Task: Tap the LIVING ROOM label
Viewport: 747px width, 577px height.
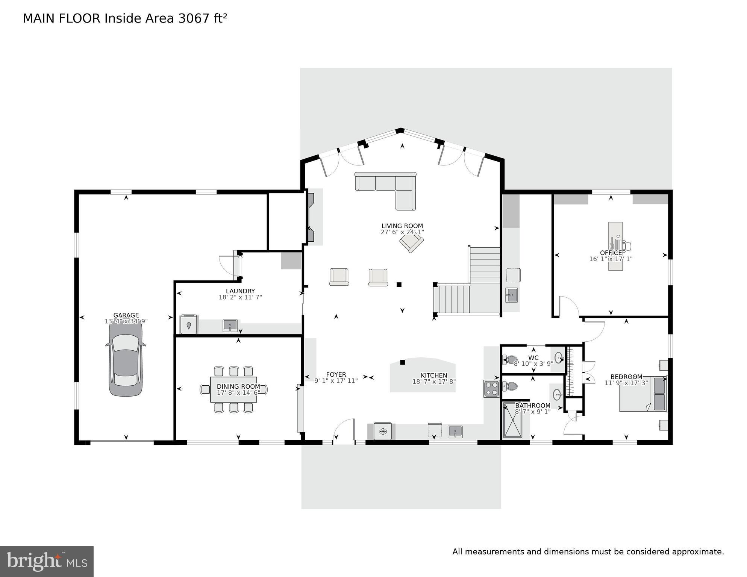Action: (x=402, y=226)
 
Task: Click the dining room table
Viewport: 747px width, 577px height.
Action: (x=233, y=390)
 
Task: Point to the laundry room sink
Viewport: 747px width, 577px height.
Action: (x=230, y=325)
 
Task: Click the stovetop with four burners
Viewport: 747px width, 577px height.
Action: (x=491, y=389)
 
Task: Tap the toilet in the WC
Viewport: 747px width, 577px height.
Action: (x=511, y=360)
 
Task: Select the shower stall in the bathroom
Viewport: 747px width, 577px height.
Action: (x=513, y=420)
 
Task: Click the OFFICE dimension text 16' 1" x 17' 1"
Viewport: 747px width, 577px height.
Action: (x=611, y=259)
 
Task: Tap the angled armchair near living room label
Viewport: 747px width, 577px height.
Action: (x=411, y=243)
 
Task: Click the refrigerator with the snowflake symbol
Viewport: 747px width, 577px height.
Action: (x=383, y=431)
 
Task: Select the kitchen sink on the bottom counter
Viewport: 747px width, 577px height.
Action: (x=455, y=432)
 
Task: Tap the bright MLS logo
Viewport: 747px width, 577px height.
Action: (x=47, y=561)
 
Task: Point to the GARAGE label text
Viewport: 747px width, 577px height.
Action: (x=126, y=315)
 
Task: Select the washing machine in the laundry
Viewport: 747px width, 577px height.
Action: (x=189, y=324)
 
